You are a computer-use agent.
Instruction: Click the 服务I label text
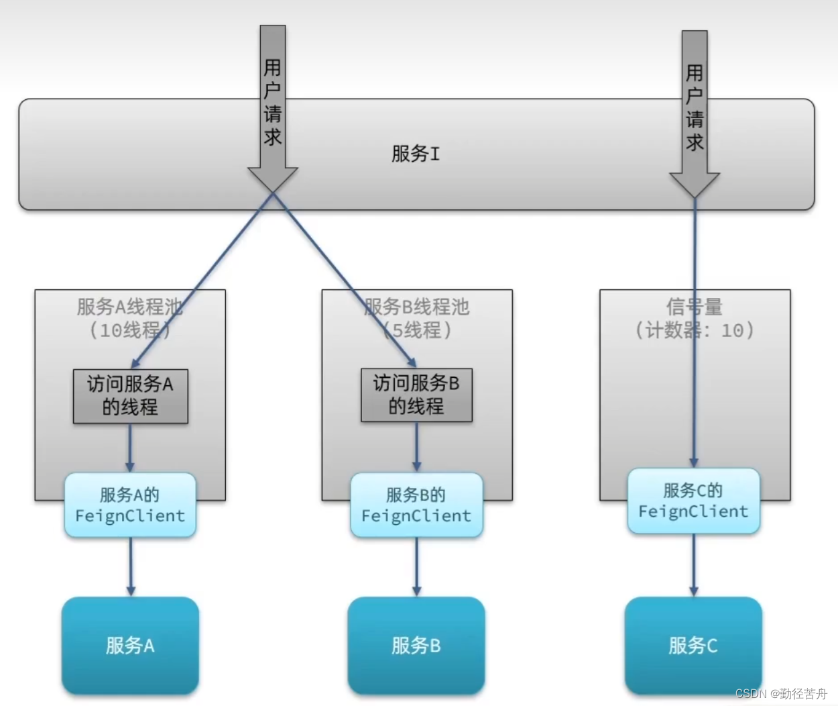coord(416,154)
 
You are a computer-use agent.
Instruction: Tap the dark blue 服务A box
coord(130,645)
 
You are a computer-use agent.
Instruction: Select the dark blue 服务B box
coord(416,645)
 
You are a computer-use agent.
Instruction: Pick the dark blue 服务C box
coord(693,645)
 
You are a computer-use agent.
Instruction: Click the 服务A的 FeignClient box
coord(130,505)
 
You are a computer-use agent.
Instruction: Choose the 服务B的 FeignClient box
coord(416,505)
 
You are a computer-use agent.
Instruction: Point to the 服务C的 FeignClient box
coord(693,501)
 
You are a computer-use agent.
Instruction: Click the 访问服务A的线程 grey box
coord(130,395)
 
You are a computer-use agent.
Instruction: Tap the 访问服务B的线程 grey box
coord(416,395)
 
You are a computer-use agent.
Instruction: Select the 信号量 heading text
coord(694,307)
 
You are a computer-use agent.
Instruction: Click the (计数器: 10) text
coord(695,330)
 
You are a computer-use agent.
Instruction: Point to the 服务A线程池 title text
coord(129,307)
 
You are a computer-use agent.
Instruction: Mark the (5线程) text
coord(417,330)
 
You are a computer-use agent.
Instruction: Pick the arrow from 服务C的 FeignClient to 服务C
coord(694,565)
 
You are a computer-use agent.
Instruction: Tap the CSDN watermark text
coord(781,693)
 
